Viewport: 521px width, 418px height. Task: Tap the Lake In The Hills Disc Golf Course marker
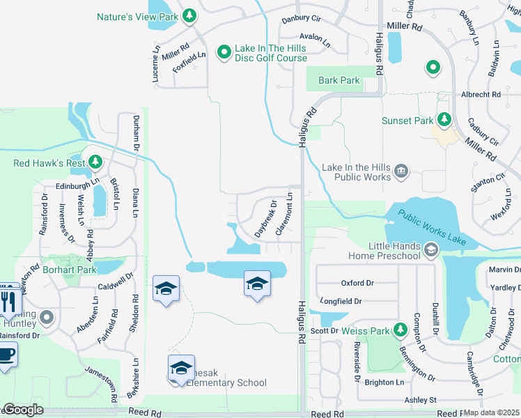tap(224, 52)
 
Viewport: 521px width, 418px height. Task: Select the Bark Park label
tap(339, 80)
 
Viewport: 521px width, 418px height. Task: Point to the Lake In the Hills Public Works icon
tap(401, 171)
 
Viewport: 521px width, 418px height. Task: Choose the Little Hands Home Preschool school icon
tap(431, 249)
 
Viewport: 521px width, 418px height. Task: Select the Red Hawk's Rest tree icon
tap(95, 164)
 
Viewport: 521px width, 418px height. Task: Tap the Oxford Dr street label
tap(357, 283)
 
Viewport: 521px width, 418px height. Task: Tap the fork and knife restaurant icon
tap(8, 300)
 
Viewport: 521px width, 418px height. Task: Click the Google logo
tap(23, 410)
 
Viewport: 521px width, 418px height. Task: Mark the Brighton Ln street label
tap(384, 382)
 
